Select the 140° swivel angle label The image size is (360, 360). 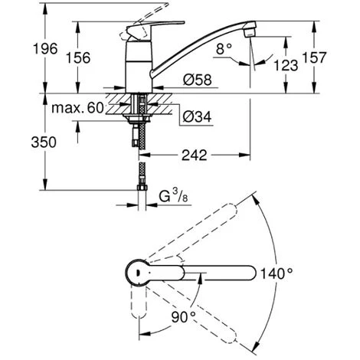point(276,273)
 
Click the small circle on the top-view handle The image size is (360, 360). point(136,271)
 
